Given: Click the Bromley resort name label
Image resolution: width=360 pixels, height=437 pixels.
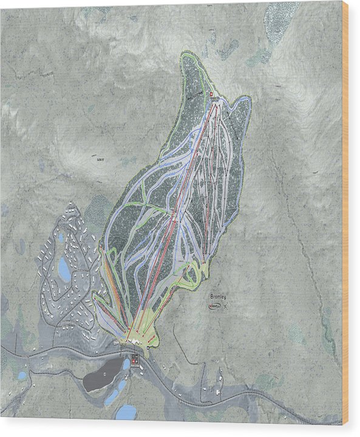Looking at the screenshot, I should (x=218, y=296).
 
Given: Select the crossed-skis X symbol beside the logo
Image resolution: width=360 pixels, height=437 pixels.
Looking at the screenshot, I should (x=226, y=307).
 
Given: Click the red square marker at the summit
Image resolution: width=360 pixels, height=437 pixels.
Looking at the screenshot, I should (x=211, y=95).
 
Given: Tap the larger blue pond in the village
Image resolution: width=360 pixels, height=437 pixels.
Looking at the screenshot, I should (x=64, y=269).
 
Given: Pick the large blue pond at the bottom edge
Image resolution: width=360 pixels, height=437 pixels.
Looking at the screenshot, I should (x=126, y=413).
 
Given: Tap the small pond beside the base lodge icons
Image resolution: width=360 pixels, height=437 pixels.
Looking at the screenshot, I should (x=126, y=365).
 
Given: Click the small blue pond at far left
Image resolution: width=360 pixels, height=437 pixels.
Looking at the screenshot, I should (x=22, y=376).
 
